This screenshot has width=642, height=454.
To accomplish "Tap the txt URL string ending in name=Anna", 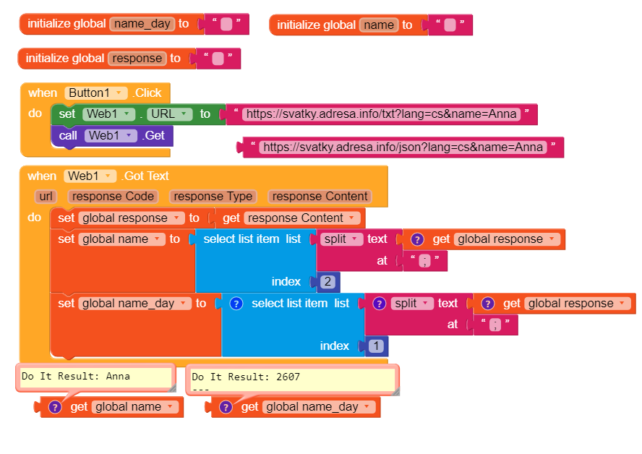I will (x=381, y=114).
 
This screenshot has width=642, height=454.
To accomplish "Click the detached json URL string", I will (x=402, y=147).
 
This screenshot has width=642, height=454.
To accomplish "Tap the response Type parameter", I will (x=213, y=197).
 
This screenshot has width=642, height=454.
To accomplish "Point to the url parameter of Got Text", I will (x=46, y=197).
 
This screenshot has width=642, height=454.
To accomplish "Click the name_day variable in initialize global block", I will (x=142, y=24).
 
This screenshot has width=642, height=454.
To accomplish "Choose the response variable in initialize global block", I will (x=137, y=59).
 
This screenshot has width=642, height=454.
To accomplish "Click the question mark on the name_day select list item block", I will (x=236, y=304).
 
